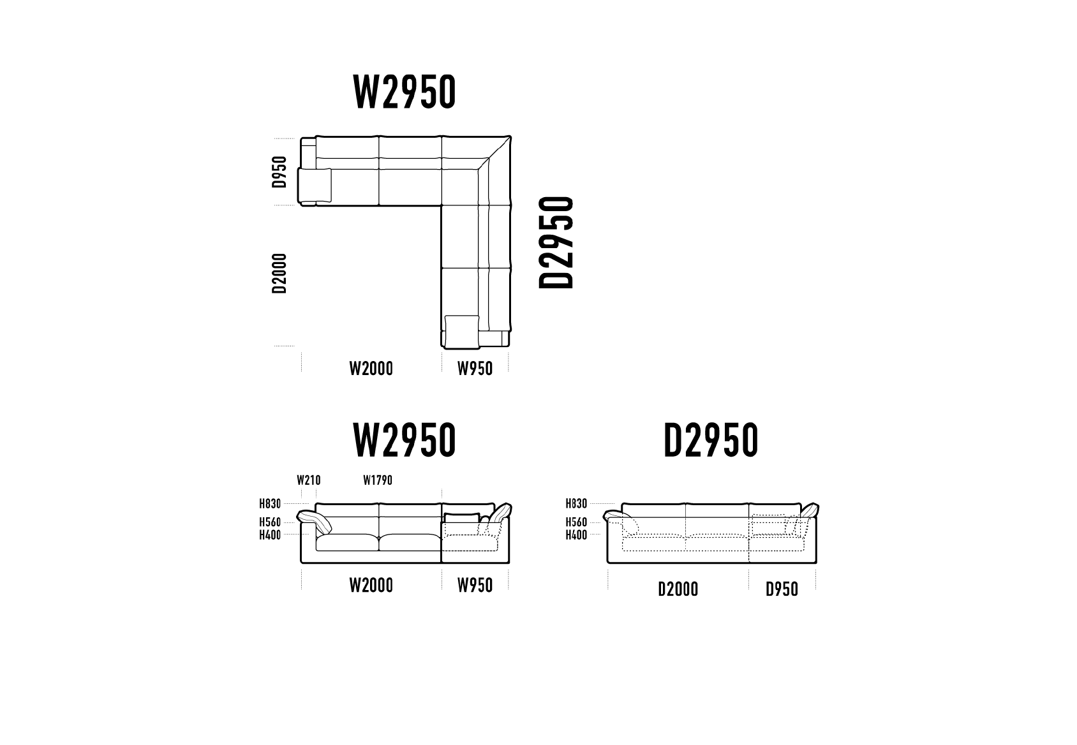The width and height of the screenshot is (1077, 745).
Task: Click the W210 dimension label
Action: (309, 480)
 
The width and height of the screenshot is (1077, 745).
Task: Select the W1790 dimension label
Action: (378, 480)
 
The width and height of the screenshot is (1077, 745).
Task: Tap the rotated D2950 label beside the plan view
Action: (556, 242)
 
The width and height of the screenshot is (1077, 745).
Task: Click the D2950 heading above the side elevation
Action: (711, 439)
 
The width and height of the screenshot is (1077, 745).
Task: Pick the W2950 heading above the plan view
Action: (405, 92)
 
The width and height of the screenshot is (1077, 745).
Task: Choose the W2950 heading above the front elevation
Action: (405, 439)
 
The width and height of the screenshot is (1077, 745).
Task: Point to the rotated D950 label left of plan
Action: (279, 172)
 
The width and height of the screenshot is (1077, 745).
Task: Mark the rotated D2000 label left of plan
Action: (279, 273)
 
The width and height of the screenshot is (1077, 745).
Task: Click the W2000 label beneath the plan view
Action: (371, 369)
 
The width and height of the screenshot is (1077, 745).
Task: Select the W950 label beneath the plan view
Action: (475, 369)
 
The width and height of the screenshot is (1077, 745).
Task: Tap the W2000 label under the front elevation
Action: (371, 586)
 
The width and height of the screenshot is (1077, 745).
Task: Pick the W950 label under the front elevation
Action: (475, 586)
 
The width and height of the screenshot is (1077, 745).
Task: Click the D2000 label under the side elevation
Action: (678, 589)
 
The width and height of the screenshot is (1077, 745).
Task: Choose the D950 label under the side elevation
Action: (782, 589)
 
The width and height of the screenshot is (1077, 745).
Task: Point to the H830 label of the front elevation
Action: (271, 504)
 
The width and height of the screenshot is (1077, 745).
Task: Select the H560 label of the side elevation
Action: (577, 522)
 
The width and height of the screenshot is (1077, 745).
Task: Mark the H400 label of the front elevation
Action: (271, 535)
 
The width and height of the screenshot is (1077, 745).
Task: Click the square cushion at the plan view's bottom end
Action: (462, 332)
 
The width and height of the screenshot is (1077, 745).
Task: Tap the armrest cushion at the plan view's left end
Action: (315, 185)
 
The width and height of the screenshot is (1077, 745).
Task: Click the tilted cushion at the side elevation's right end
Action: (810, 510)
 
